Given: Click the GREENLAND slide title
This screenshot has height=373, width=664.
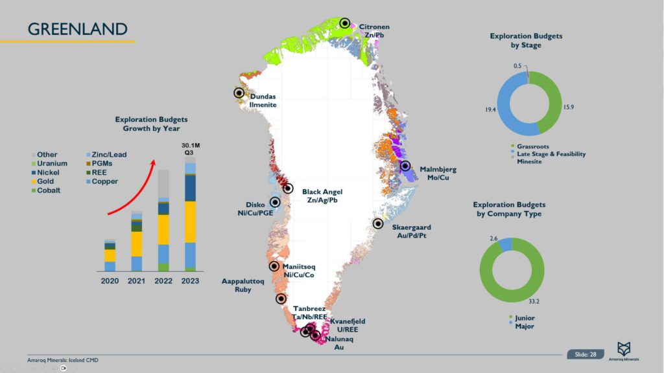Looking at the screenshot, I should click(77, 29).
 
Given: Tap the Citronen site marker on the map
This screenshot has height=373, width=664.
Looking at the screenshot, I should click(345, 23).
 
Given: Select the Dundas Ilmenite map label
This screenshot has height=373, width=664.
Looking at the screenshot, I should click(263, 100).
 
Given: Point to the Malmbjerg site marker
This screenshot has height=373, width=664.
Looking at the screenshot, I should click(406, 166).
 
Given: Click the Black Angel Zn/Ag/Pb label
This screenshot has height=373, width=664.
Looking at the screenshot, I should click(322, 196).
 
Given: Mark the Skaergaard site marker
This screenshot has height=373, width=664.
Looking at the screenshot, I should click(378, 223).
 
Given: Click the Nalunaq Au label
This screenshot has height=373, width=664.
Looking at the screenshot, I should click(338, 343).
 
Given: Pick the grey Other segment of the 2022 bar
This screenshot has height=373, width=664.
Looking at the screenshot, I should click(163, 183).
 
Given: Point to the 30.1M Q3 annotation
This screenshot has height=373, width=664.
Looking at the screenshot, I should click(190, 148).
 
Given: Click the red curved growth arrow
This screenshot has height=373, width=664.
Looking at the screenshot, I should click(133, 185).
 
